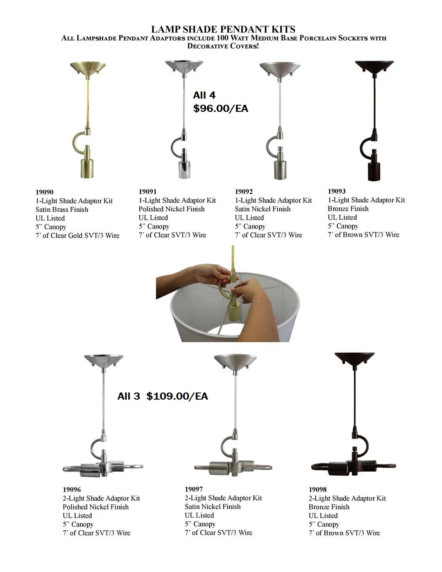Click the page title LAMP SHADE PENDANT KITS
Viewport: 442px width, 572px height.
(x=223, y=29)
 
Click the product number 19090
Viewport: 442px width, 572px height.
(x=45, y=192)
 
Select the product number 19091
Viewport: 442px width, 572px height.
(x=148, y=191)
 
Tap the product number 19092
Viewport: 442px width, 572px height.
(x=244, y=191)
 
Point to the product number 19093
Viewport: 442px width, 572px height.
(x=337, y=191)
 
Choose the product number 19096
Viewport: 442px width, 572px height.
(x=72, y=489)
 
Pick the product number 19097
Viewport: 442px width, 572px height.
(x=194, y=489)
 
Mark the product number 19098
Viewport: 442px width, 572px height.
(x=318, y=489)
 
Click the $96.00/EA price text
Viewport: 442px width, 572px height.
(x=221, y=108)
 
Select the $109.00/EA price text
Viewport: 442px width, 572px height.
(x=177, y=396)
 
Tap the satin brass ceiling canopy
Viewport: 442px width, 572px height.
(x=88, y=68)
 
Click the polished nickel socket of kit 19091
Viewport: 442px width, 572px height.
(x=184, y=167)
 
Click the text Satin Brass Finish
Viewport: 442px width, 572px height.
(x=62, y=210)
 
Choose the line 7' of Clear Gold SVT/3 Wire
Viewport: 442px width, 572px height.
(x=77, y=236)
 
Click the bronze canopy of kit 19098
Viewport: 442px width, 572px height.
(x=354, y=358)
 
